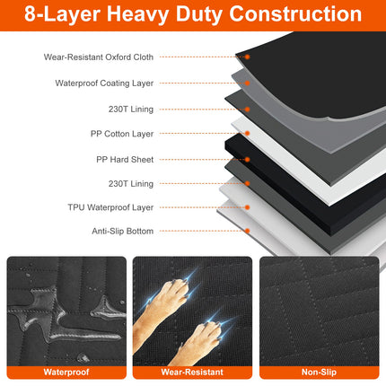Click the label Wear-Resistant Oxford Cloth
(x=99, y=57)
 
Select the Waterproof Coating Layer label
(x=104, y=83)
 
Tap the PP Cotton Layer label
(x=123, y=134)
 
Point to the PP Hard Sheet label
(x=125, y=159)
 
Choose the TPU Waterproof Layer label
(x=111, y=206)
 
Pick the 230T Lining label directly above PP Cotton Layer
(x=129, y=109)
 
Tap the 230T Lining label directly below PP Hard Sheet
(x=129, y=183)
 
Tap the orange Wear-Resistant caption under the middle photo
(x=192, y=371)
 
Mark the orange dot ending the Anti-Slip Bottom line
(x=249, y=231)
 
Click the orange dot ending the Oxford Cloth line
(x=249, y=57)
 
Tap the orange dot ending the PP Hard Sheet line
(x=249, y=159)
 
